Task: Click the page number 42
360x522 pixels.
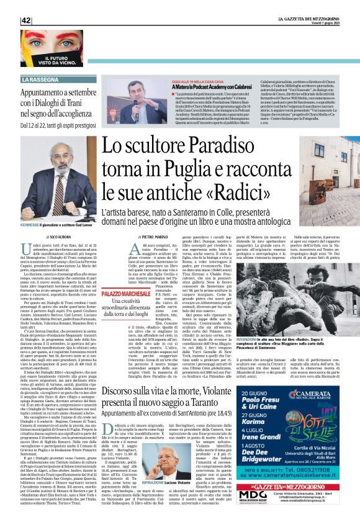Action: point(27,20)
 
